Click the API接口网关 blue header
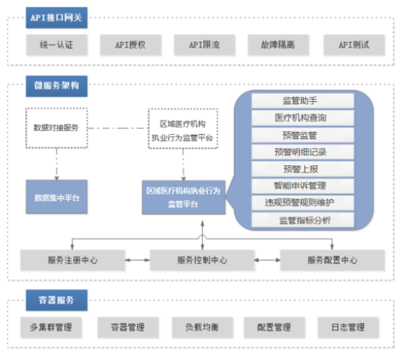pos(56,17)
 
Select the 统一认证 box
pos(57,44)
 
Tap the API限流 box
pos(204,44)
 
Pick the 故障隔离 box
pos(278,44)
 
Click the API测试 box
pos(354,44)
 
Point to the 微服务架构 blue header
pos(56,86)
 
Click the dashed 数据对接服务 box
pos(56,128)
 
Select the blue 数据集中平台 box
pos(57,197)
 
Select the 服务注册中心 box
pos(73,260)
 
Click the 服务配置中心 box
pos(333,260)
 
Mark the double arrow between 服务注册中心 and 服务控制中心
pos(138,260)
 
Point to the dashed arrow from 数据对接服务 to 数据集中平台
pos(56,164)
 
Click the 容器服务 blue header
pos(56,300)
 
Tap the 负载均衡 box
pos(203,327)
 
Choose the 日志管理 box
pos(349,327)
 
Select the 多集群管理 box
pos(51,327)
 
